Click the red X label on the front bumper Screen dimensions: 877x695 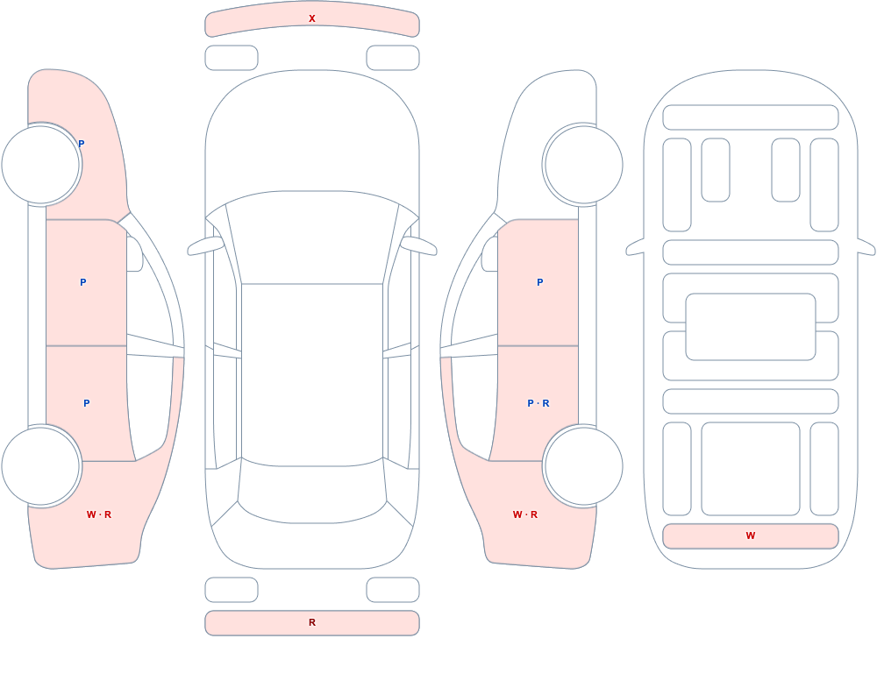[x=312, y=18]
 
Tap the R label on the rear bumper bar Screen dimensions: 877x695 [x=312, y=622]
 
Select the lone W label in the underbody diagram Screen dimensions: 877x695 [x=751, y=535]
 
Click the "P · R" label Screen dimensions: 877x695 [x=538, y=403]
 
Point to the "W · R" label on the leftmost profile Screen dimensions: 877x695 [x=99, y=514]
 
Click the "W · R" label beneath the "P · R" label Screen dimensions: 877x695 [x=525, y=514]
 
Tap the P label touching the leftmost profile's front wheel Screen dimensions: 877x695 [x=81, y=144]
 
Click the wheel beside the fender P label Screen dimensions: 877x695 [x=42, y=165]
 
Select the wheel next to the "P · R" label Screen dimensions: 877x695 [x=582, y=465]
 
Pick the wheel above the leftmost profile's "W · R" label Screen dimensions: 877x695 [x=42, y=465]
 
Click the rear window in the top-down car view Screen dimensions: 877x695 [x=312, y=492]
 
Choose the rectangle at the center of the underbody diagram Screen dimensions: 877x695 [x=751, y=327]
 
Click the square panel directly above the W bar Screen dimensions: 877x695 [x=751, y=469]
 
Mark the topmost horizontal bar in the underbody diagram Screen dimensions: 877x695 [x=751, y=117]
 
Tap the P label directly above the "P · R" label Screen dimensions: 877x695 [x=539, y=282]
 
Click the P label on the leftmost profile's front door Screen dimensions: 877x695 [x=82, y=282]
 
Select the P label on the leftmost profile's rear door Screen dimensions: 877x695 [x=86, y=403]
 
